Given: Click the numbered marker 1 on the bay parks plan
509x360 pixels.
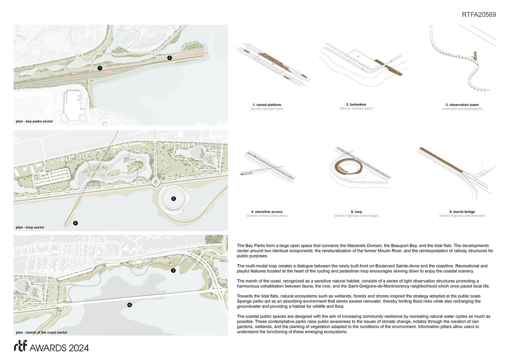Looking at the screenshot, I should tap(100, 68).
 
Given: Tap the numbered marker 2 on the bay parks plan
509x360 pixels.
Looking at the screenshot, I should tap(170, 58).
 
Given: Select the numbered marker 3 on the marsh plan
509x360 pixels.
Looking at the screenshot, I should tap(173, 271).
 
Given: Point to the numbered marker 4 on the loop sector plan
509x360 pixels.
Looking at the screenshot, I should tap(75, 223).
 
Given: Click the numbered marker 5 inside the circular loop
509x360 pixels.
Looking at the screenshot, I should tap(173, 198).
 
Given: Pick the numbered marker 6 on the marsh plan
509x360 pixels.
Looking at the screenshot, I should tap(129, 305).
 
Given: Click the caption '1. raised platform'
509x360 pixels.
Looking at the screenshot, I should tap(267, 105).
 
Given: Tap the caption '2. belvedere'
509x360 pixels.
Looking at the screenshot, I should tap(356, 105).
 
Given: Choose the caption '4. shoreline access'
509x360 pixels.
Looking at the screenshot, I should tap(267, 212).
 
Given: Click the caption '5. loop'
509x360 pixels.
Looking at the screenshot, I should tap(356, 212).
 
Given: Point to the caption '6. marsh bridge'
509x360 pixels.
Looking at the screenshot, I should tap(462, 212).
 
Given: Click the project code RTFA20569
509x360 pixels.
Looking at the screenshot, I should tap(479, 15).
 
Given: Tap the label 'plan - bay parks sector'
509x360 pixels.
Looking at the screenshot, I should tap(34, 121).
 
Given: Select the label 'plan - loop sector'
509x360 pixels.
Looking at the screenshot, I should tap(30, 227).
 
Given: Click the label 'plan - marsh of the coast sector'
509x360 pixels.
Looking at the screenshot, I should tap(42, 332).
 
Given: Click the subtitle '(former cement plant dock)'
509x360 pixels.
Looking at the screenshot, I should tap(267, 216).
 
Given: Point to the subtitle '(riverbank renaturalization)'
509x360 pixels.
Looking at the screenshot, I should tap(462, 109).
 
